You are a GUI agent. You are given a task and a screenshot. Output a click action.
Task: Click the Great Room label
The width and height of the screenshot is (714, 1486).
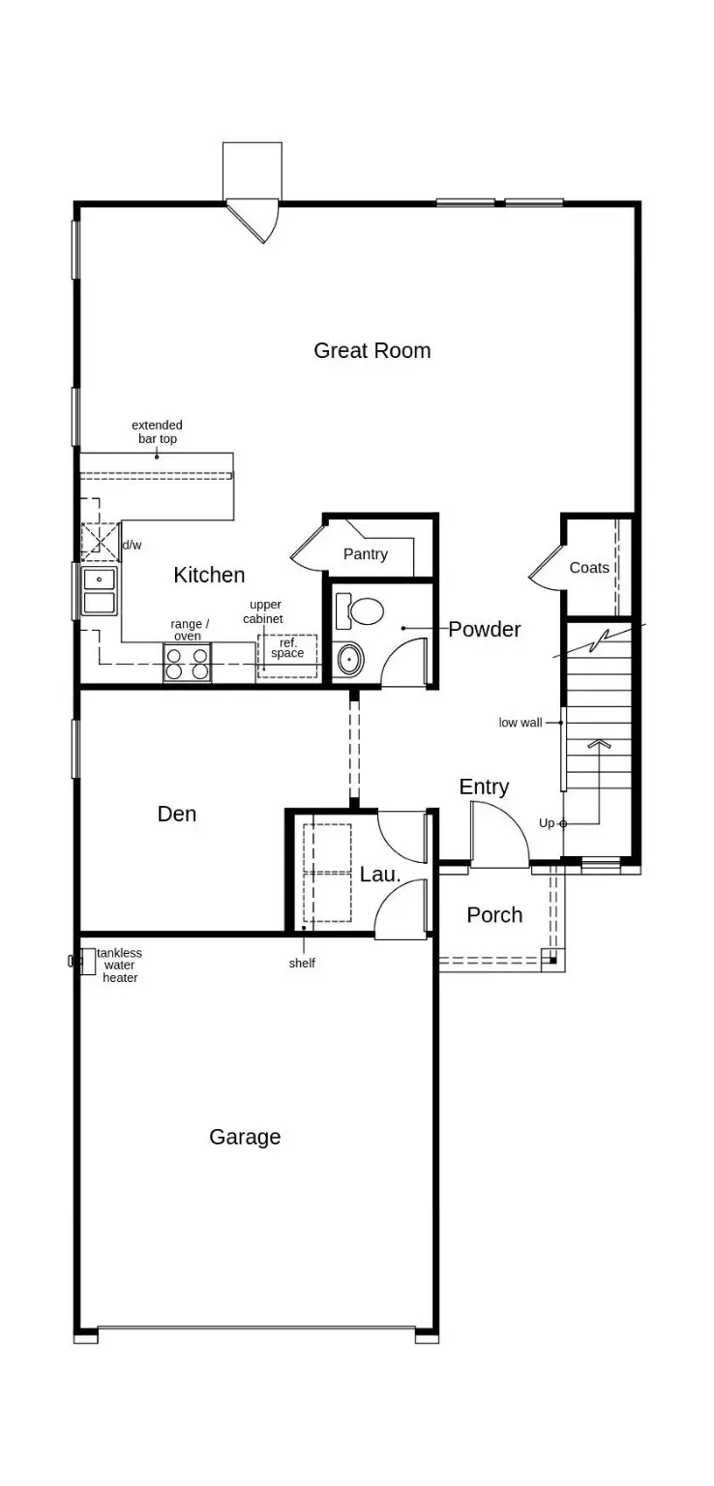tap(372, 350)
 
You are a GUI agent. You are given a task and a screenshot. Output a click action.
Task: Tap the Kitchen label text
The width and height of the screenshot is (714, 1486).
tap(209, 575)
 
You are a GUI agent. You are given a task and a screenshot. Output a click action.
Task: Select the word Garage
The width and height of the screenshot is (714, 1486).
tap(245, 1137)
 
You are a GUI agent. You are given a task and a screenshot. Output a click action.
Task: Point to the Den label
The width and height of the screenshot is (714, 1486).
tap(177, 814)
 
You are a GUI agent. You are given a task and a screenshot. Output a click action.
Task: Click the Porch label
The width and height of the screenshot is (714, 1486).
tap(494, 914)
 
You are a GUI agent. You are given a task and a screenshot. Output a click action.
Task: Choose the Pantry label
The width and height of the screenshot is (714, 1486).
tap(365, 554)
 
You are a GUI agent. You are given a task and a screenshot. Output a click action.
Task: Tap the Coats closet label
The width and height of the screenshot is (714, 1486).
tap(589, 568)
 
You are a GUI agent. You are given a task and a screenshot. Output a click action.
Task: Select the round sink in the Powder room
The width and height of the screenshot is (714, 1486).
tap(350, 660)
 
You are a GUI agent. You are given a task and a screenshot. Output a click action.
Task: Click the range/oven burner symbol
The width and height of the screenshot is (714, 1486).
tap(187, 664)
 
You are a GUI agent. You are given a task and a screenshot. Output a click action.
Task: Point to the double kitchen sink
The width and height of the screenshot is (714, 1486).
tap(100, 591)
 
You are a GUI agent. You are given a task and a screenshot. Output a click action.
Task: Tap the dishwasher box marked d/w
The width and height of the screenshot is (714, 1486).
tap(100, 542)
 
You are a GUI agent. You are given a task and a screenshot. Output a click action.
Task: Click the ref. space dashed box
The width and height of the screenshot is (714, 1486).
tap(287, 655)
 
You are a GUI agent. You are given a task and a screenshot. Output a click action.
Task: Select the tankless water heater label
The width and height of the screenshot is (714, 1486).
tap(119, 965)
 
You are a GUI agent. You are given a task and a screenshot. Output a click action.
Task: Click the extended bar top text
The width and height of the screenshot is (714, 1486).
tap(157, 431)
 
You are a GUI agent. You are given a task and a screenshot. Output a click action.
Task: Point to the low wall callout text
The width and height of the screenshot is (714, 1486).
tap(521, 723)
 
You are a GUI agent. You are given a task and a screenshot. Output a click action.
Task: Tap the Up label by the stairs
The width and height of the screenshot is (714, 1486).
tap(547, 823)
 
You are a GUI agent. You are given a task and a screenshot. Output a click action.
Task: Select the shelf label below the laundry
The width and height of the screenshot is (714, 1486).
tap(302, 964)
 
